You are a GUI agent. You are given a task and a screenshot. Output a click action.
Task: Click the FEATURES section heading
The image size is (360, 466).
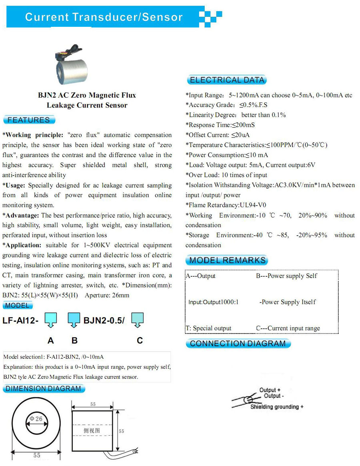tap(29, 120)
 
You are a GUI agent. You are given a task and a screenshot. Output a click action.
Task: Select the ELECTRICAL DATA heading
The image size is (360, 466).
tap(227, 80)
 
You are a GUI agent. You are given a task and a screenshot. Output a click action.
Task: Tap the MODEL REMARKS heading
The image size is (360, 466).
tap(227, 260)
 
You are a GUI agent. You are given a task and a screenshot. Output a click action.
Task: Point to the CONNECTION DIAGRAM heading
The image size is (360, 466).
tap(238, 344)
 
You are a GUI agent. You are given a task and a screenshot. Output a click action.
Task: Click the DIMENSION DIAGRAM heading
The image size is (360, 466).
tap(44, 388)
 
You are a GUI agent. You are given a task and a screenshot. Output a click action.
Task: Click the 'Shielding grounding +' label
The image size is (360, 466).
tap(277, 407)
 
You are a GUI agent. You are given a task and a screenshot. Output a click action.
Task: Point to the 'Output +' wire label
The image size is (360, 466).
tap(270, 390)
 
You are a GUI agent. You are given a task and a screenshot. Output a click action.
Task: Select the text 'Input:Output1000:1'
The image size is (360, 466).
tap(214, 302)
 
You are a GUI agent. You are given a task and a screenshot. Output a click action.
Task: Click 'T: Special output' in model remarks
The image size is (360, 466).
tap(209, 328)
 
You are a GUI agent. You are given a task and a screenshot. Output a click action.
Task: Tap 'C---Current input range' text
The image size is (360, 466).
tap(288, 328)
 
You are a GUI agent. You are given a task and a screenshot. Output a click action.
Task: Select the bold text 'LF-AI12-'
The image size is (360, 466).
tap(21, 320)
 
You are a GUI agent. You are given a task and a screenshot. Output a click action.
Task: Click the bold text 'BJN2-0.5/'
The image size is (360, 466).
tap(104, 320)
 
